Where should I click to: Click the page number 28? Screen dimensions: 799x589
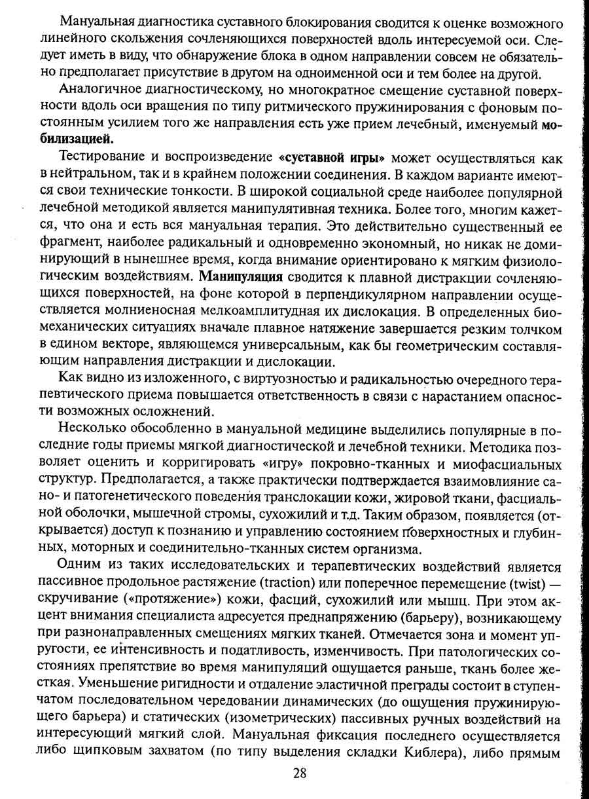[x=300, y=772]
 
